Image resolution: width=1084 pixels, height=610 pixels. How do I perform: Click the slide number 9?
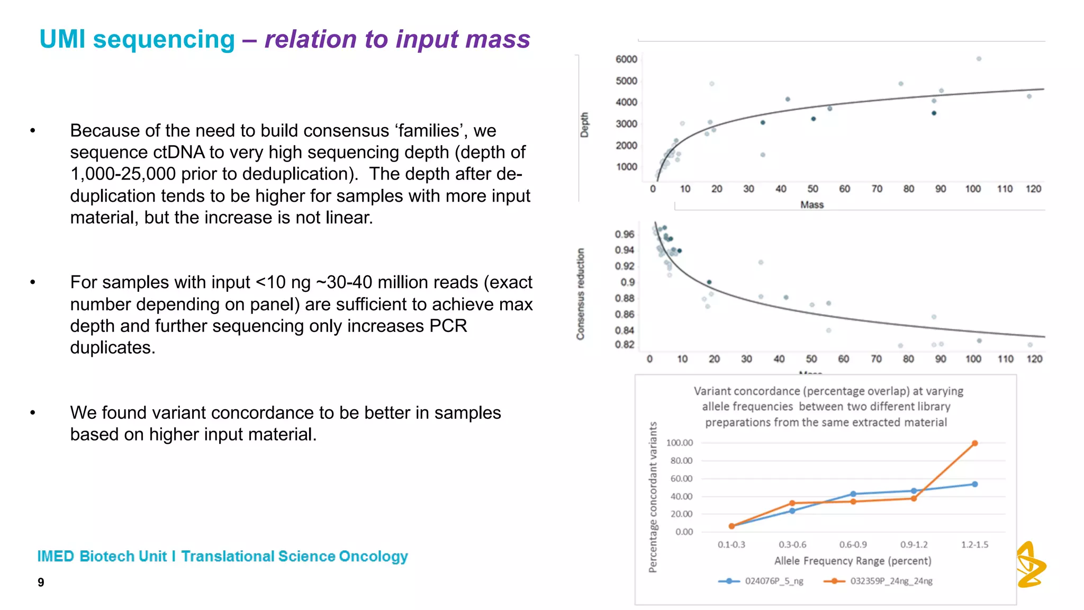[41, 582]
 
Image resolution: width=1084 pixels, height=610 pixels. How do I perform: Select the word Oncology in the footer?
[373, 557]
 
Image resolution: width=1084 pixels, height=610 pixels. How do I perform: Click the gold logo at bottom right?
[1030, 565]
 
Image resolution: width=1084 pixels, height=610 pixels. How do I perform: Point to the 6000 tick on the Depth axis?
[626, 59]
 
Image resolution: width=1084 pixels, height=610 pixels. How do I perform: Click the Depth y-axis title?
[584, 125]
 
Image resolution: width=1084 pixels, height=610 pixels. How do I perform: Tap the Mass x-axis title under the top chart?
[812, 205]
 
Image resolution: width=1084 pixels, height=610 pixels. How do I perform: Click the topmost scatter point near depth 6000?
[979, 59]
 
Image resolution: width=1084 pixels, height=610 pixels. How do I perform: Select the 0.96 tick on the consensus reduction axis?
[624, 234]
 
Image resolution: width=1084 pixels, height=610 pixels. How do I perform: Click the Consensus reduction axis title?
[581, 294]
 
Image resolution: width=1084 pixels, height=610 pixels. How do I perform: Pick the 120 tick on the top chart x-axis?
[1033, 189]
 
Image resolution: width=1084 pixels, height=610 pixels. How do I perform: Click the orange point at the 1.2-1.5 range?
[974, 443]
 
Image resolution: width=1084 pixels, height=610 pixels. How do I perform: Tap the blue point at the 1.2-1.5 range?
[974, 484]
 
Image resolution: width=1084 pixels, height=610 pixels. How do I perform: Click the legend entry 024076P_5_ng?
[773, 581]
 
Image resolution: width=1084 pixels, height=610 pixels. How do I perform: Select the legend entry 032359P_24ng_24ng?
[891, 581]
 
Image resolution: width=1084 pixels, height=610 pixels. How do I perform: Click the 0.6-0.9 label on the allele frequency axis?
[853, 544]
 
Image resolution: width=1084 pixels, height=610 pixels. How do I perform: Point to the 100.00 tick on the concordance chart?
[679, 443]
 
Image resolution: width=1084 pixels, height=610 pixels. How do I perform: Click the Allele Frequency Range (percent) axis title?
[852, 561]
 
